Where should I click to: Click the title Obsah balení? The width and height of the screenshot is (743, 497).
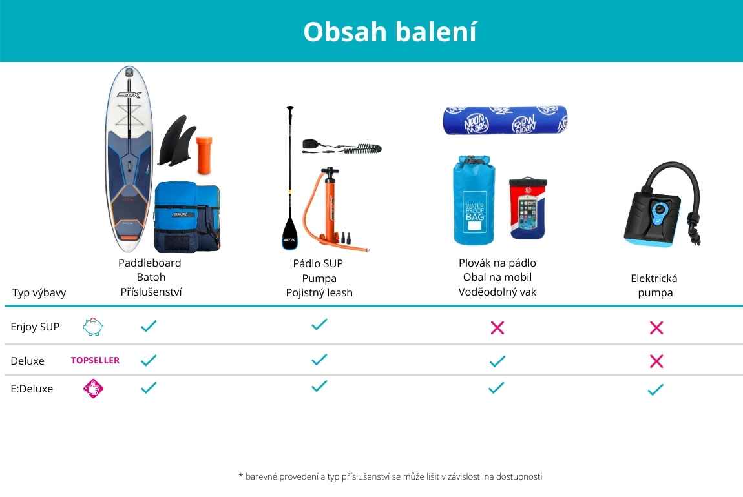[390, 32]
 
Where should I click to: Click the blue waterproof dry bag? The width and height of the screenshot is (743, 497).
[474, 199]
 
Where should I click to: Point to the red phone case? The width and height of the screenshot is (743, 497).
[527, 208]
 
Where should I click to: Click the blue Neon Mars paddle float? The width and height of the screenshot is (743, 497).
[505, 120]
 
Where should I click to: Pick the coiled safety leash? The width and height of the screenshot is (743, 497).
[342, 147]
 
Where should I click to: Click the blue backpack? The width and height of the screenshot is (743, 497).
[187, 217]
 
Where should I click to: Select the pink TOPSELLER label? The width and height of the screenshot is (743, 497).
[95, 360]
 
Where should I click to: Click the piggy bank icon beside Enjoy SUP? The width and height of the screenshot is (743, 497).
[93, 327]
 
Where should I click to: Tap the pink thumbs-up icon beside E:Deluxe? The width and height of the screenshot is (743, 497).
[93, 389]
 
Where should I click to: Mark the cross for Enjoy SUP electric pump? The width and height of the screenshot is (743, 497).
[656, 327]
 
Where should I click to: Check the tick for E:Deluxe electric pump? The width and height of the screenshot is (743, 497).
[655, 390]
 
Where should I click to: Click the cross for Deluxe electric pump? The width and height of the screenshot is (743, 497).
[656, 361]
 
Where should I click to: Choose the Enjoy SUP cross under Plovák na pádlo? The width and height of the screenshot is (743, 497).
[497, 327]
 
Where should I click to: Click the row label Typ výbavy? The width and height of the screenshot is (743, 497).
[39, 292]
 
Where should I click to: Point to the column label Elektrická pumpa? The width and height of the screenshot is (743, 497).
[654, 285]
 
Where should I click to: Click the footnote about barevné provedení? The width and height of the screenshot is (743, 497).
[390, 476]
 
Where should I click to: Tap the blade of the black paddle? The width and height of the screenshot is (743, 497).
[289, 232]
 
